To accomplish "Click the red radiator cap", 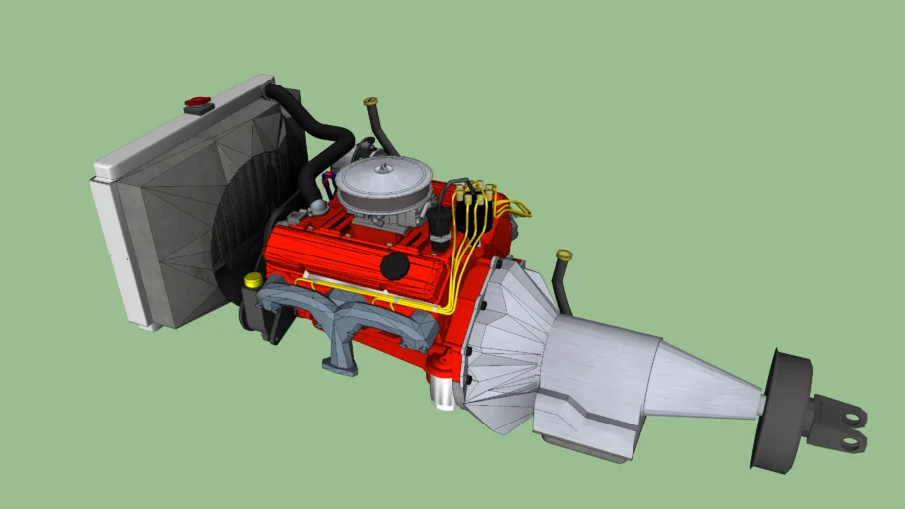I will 198,102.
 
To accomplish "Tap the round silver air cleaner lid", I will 383,183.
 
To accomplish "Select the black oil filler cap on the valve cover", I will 395,265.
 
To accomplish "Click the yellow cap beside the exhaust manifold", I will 253,280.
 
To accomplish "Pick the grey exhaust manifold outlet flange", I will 339,364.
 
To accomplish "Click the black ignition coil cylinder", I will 439,231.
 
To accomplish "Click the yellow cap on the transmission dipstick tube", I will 564,255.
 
